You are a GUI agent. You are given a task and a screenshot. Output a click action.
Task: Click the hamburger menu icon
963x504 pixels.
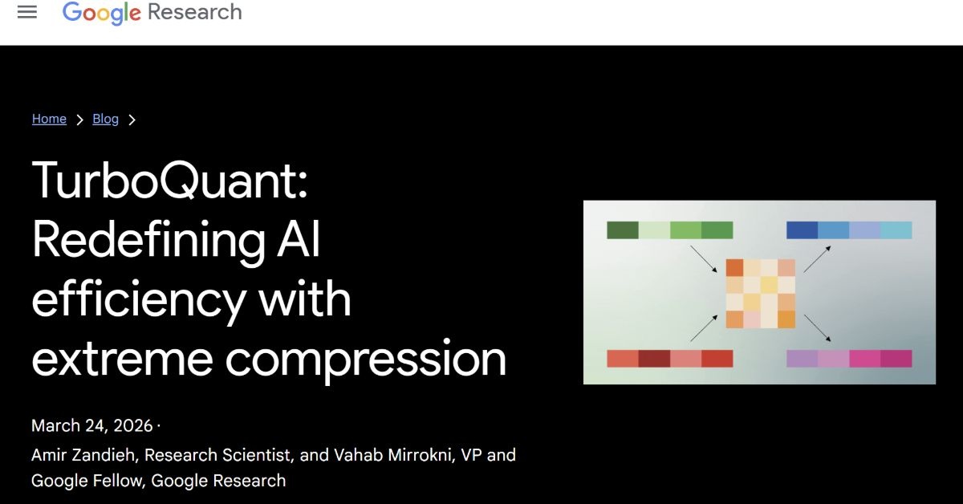tap(27, 12)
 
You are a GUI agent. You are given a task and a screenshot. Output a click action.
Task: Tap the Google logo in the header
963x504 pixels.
tap(101, 13)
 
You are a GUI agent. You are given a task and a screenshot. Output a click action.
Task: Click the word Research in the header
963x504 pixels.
tap(195, 11)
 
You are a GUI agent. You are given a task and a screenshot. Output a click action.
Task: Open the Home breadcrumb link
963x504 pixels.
tap(49, 119)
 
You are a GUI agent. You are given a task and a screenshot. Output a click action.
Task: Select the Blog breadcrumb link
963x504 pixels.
tap(105, 119)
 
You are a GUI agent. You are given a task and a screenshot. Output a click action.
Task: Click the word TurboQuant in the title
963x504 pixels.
tap(170, 180)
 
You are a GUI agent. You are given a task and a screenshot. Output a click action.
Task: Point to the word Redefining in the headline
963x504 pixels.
tap(148, 239)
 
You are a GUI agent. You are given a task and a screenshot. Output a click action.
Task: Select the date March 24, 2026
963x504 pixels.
tap(92, 425)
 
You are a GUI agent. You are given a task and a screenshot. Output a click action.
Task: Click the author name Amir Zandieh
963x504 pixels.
tap(83, 455)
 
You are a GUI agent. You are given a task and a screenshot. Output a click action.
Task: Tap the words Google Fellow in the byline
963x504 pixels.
tap(87, 481)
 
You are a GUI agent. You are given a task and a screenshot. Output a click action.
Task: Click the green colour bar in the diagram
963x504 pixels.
tap(670, 230)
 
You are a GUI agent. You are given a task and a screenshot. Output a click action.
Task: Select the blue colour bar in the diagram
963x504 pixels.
tap(849, 230)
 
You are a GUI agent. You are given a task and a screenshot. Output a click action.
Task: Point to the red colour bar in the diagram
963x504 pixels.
tap(670, 359)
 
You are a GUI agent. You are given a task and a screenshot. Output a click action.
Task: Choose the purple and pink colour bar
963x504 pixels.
tap(849, 359)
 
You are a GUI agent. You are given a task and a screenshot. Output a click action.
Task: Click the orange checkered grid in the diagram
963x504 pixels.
tap(761, 294)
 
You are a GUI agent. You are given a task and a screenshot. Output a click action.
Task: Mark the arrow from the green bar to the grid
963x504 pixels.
tap(704, 259)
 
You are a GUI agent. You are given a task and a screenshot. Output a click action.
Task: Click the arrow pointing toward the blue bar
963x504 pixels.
tap(817, 259)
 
